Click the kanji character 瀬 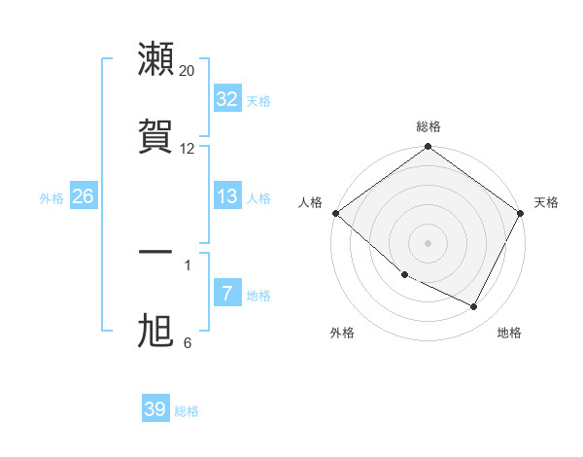tap(156, 59)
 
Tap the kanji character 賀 tap(156, 135)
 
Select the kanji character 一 tap(156, 254)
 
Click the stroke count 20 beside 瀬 tap(188, 71)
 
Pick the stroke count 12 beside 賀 tap(188, 148)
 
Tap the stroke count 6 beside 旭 tap(188, 342)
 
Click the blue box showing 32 tap(226, 99)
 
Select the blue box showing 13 tap(226, 196)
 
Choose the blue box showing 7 tap(226, 294)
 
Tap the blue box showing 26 tap(83, 196)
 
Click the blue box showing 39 tap(154, 409)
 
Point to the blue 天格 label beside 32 tap(257, 100)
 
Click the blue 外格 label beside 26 tap(51, 197)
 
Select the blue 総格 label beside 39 tap(187, 410)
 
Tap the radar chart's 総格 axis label tap(429, 126)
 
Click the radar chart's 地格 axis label tap(509, 333)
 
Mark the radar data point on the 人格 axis tap(336, 213)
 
